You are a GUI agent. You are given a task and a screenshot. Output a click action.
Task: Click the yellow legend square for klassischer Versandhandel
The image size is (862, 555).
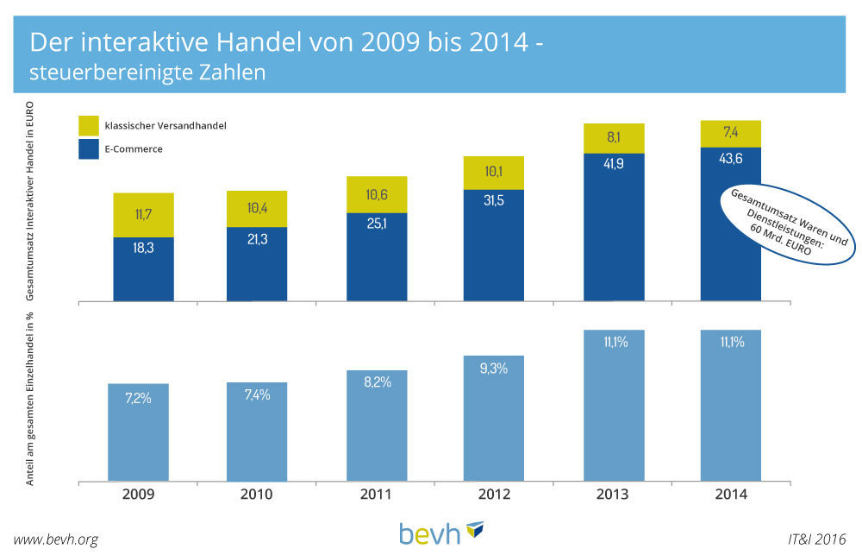pos(90,126)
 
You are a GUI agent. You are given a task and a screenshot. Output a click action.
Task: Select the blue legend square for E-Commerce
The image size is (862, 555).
pos(90,148)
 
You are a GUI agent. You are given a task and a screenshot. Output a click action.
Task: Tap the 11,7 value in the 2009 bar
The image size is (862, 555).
pos(143,214)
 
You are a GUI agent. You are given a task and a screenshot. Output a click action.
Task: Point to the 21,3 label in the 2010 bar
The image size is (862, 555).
pos(257,239)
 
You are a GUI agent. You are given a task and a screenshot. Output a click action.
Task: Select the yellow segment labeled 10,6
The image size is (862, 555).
pos(376,195)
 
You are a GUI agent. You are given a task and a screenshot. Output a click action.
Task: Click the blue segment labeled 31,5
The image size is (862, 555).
pos(493,245)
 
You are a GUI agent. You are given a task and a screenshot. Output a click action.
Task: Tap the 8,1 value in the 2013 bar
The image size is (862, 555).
pos(613,136)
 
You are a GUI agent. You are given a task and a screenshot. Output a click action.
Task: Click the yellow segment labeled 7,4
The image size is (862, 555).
pos(730,132)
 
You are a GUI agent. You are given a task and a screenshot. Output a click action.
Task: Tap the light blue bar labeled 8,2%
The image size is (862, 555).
pos(376,426)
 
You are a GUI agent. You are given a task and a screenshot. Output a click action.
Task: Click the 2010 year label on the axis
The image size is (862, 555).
pos(256,495)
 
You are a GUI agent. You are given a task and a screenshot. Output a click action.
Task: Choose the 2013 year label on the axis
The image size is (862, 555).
pos(613,495)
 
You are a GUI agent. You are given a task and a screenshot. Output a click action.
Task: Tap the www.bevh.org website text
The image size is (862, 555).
pos(56,539)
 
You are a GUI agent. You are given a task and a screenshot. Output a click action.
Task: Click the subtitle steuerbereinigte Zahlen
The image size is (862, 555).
pos(147,73)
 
